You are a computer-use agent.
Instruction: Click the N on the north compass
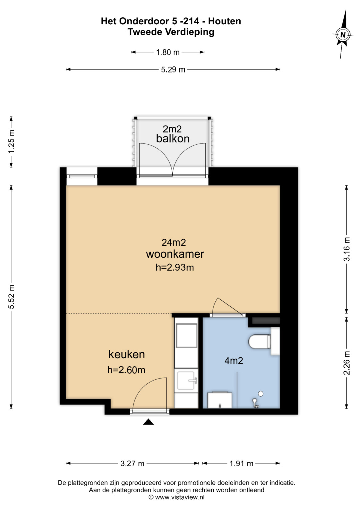click(x=343, y=35)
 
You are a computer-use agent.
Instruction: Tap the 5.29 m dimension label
click(x=173, y=70)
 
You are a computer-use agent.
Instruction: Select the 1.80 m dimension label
click(x=168, y=52)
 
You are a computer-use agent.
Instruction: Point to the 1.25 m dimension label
click(x=11, y=142)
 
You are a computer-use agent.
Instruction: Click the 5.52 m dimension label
click(x=11, y=297)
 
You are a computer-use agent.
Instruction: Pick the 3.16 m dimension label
click(x=347, y=249)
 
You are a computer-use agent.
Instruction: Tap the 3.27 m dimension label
click(x=132, y=463)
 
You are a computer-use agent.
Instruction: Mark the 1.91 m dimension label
click(x=241, y=463)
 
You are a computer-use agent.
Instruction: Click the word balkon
click(x=173, y=139)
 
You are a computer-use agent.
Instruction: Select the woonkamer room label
click(x=175, y=254)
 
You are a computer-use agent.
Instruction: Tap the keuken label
click(x=127, y=354)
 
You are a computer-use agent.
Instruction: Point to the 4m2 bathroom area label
click(x=234, y=361)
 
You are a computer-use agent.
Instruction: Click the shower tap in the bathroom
click(x=255, y=403)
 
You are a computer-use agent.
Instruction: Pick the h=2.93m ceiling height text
click(x=175, y=267)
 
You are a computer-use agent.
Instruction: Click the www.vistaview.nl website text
click(x=180, y=497)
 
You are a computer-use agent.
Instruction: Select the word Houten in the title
click(x=225, y=21)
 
